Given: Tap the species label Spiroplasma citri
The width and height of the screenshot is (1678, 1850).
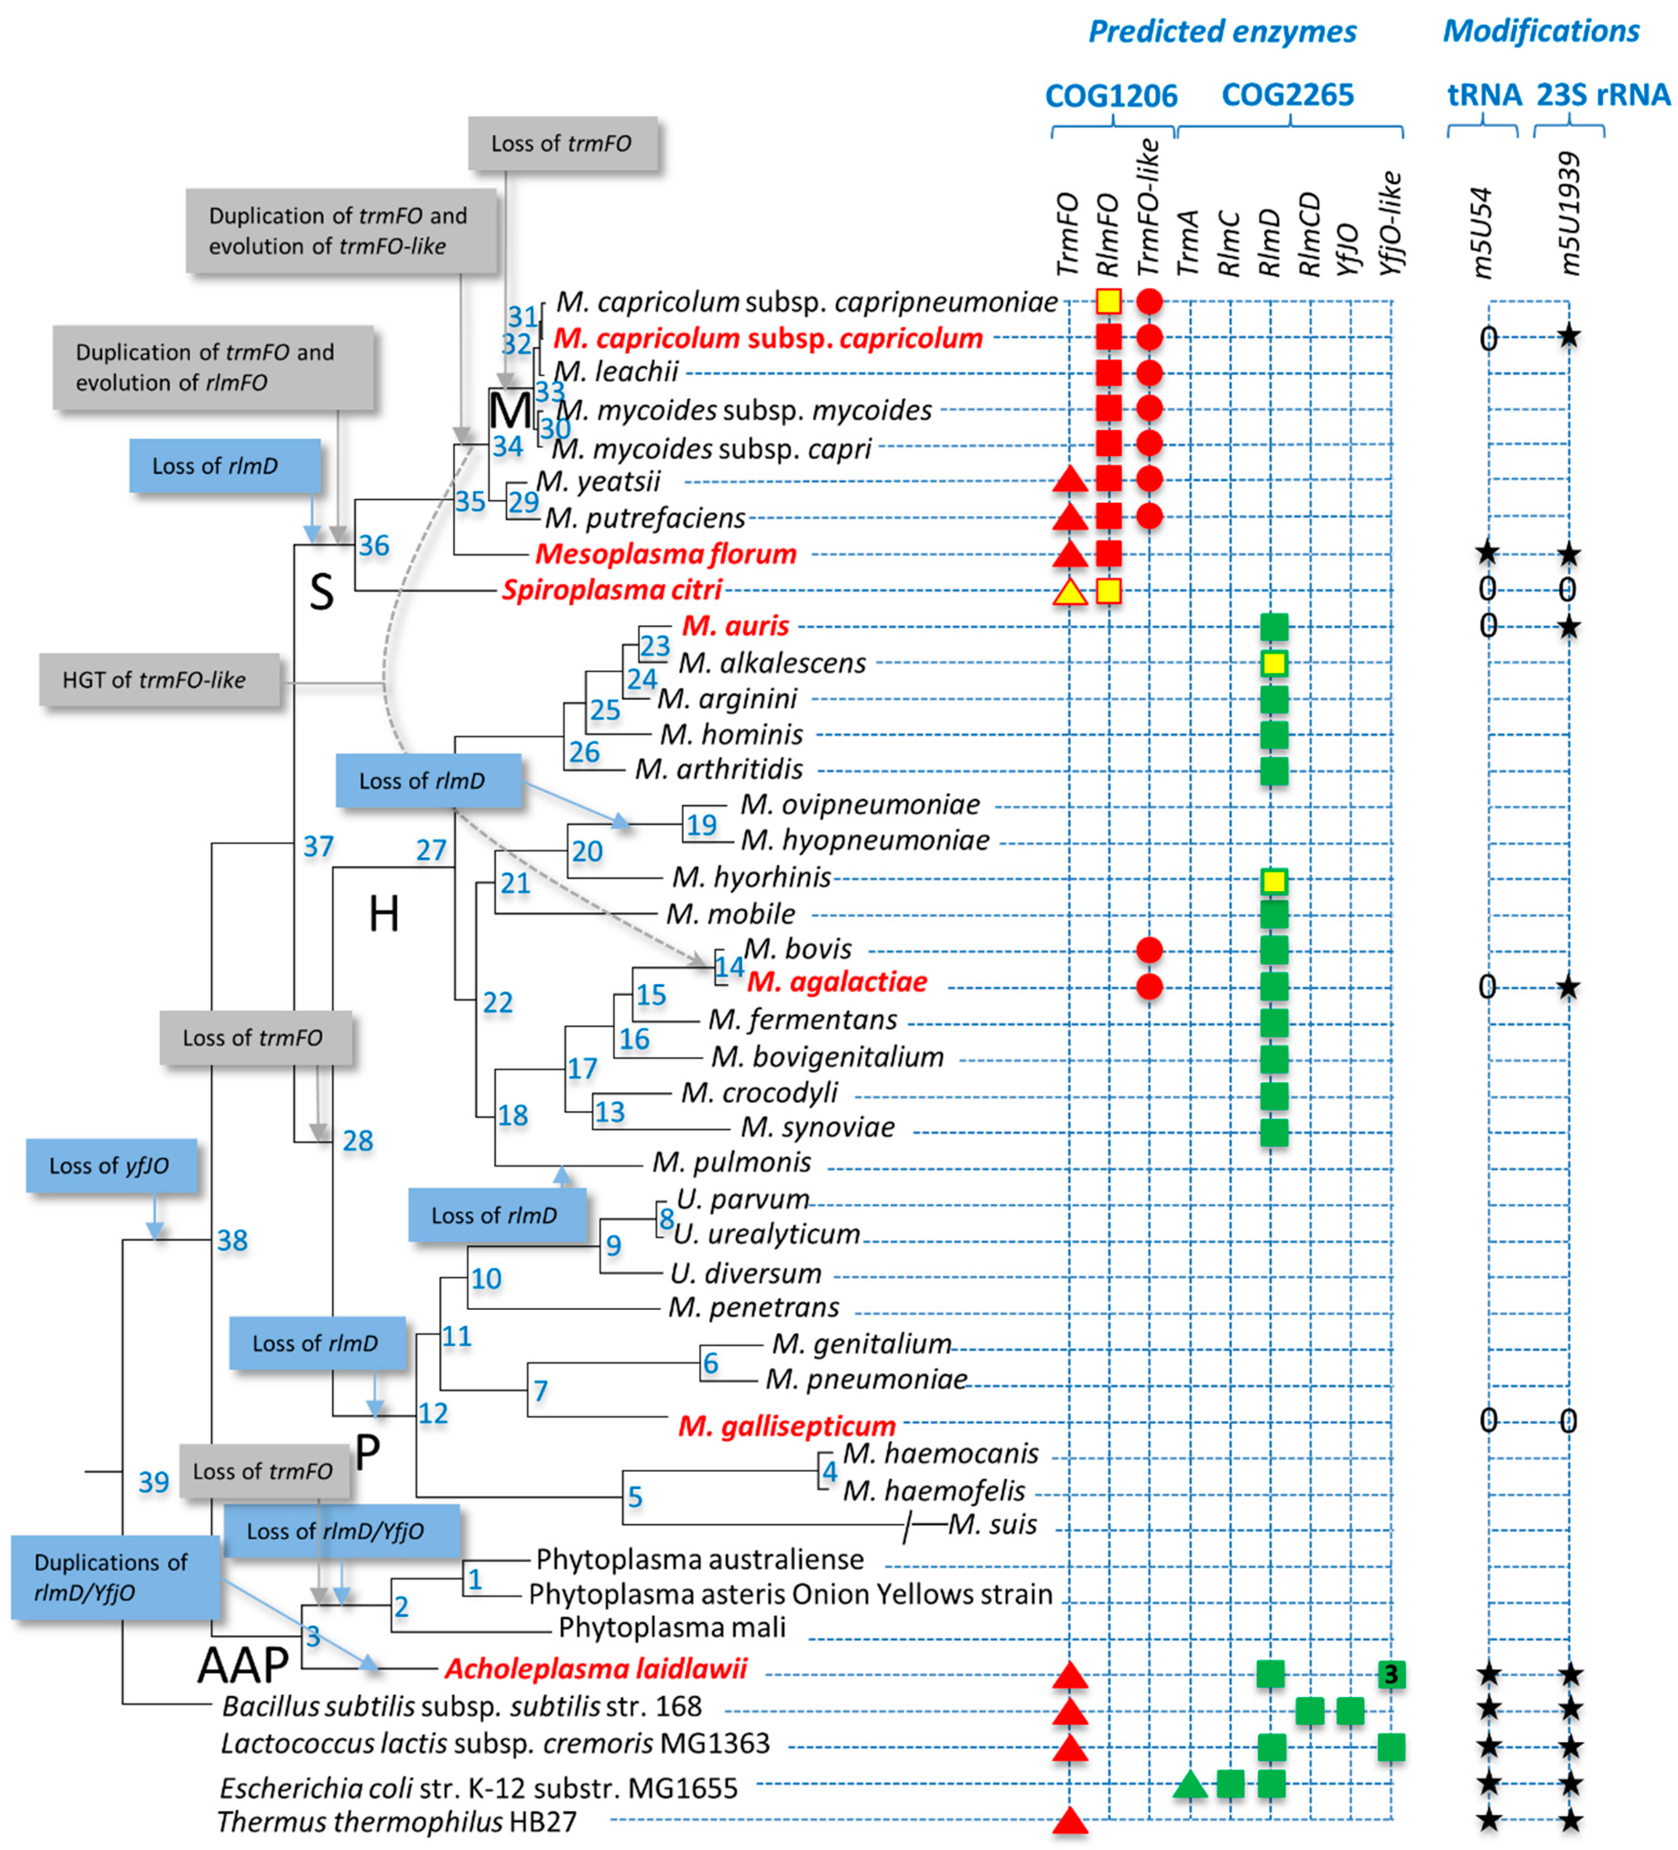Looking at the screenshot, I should coord(612,590).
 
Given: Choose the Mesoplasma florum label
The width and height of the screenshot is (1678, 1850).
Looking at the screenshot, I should coord(666,554).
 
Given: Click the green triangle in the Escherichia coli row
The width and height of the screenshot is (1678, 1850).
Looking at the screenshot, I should coord(1190,1786).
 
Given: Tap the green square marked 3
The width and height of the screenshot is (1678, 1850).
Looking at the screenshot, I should coord(1391,1675).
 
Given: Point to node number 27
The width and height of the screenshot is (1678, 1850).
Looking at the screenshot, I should coord(431,851).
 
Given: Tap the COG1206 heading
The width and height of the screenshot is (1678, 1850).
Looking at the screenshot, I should coord(1111,96).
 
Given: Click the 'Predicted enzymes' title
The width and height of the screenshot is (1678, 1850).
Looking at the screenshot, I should coord(1222,32).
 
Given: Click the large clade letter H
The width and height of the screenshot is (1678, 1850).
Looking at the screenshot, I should coord(384,914).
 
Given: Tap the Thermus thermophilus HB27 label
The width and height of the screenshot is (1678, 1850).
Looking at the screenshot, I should coord(396,1822).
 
